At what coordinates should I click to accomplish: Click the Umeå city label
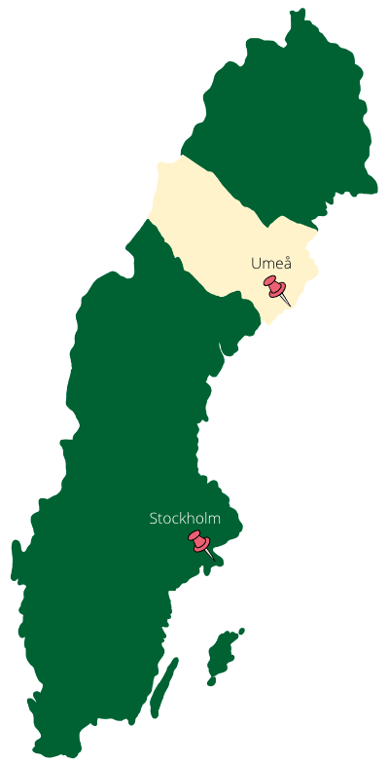tap(270, 264)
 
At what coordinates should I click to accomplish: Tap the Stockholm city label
tap(185, 519)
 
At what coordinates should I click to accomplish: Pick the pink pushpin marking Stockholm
tap(200, 542)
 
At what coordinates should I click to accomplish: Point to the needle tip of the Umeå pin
tap(291, 306)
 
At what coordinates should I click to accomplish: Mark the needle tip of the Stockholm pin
tap(214, 559)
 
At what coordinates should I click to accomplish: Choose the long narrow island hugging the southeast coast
tap(165, 687)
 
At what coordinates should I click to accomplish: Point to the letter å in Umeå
tap(286, 263)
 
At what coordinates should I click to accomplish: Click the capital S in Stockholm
tap(154, 519)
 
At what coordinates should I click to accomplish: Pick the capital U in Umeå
tap(256, 264)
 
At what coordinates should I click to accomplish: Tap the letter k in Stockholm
tap(181, 519)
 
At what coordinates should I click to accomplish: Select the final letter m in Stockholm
tap(215, 520)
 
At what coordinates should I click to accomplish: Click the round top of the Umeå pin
tap(271, 283)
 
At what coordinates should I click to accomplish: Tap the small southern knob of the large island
tap(214, 680)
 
